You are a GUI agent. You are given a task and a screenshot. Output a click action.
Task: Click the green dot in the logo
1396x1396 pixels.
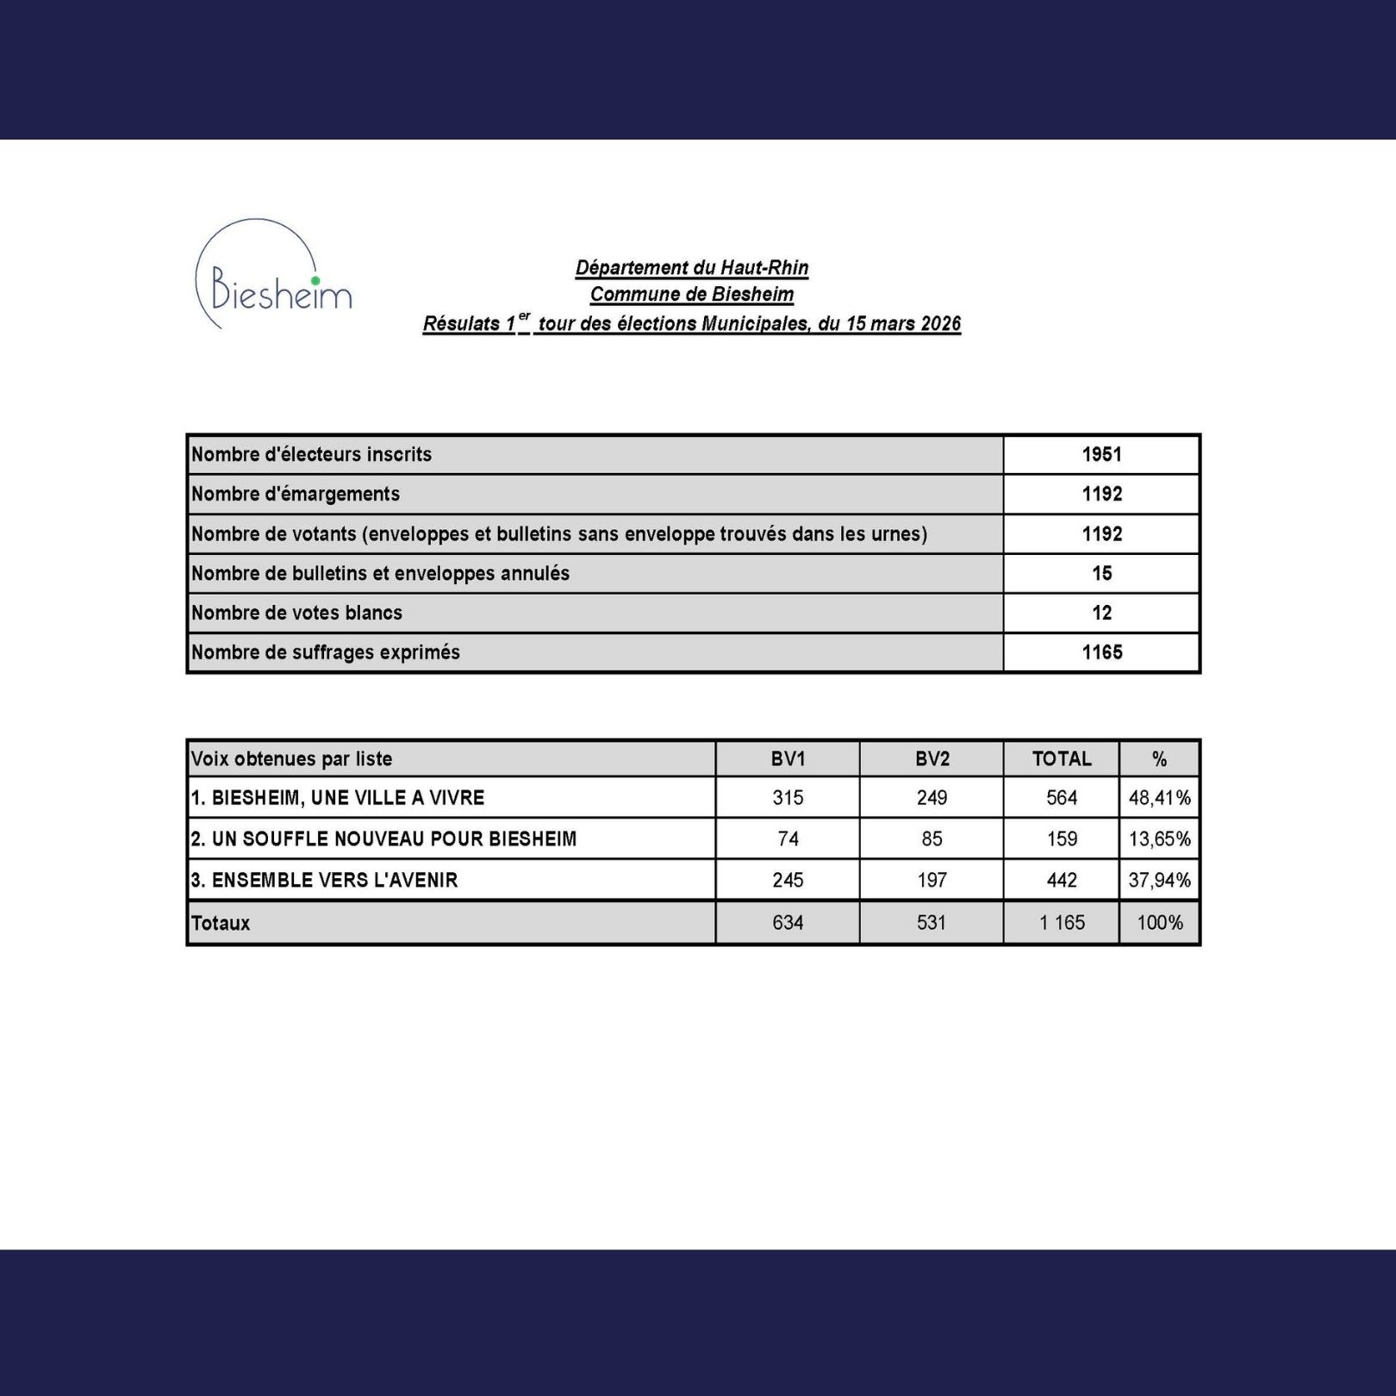[315, 280]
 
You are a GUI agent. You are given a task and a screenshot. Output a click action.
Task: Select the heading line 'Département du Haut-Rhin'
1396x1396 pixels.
[691, 268]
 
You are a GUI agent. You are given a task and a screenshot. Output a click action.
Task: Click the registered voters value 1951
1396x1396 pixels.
[1101, 454]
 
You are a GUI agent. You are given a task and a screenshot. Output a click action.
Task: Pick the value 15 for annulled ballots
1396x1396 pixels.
[1101, 573]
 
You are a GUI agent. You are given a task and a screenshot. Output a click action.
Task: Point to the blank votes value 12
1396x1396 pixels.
[1101, 613]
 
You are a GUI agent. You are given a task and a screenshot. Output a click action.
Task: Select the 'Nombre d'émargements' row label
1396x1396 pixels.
[296, 494]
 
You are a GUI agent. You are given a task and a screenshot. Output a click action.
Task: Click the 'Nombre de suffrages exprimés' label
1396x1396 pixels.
[326, 652]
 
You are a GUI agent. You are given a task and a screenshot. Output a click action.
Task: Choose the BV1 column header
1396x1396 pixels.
[788, 759]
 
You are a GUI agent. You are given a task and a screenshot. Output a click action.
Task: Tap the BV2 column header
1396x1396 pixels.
[932, 759]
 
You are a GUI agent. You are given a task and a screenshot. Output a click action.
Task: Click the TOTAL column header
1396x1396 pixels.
[1062, 759]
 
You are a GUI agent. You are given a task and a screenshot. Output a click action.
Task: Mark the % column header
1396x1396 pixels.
[1159, 759]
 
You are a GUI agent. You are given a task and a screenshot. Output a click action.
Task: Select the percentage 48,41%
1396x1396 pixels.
[1159, 798]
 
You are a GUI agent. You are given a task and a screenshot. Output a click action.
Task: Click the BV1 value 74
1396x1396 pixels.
[788, 838]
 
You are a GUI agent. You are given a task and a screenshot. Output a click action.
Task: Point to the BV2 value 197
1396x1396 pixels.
[932, 880]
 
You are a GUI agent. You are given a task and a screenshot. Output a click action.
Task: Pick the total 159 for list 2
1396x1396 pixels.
[1062, 838]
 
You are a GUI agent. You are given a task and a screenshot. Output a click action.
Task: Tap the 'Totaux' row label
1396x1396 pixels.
[221, 923]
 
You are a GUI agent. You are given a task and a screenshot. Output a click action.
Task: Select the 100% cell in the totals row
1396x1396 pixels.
[1159, 923]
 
